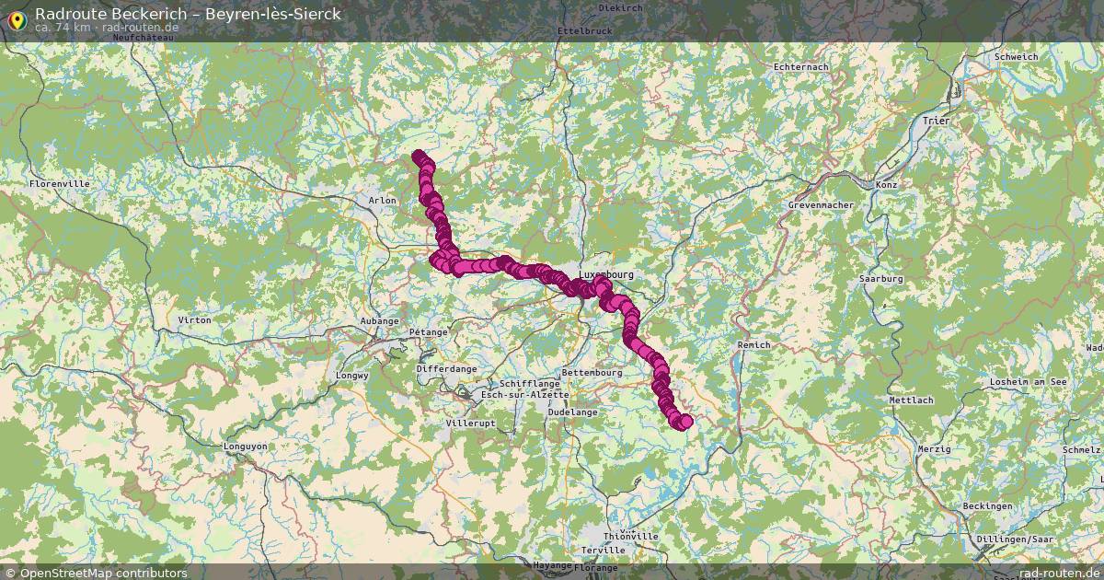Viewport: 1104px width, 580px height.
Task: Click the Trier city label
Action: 937,121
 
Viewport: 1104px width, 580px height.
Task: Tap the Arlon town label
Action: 382,200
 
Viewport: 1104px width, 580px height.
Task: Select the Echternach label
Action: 800,67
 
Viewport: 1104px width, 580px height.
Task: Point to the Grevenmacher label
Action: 821,204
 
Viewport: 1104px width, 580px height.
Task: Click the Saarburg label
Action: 880,278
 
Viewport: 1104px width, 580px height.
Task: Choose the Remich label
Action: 753,344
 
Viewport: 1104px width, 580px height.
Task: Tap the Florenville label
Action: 60,184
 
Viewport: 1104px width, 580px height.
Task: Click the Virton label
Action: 194,319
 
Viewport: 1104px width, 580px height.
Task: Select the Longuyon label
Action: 246,447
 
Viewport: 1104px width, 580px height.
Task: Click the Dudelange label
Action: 572,412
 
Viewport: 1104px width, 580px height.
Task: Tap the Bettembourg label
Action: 592,373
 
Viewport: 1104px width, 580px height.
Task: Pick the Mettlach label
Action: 911,400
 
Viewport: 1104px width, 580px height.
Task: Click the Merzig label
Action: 935,448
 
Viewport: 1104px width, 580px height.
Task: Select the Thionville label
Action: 631,536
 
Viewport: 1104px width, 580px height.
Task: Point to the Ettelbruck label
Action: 584,30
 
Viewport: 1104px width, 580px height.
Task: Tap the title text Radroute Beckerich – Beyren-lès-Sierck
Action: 188,14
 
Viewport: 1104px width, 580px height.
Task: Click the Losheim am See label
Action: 1027,381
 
